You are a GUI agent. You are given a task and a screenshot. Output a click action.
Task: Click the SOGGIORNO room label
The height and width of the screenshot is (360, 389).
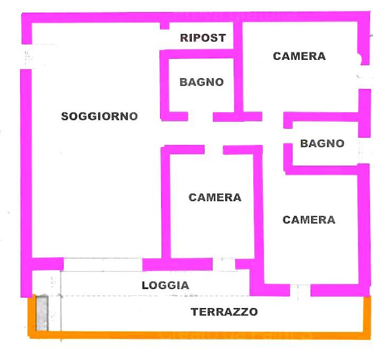pyautogui.click(x=100, y=116)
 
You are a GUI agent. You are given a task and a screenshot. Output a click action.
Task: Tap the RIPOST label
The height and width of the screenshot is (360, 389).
pyautogui.click(x=203, y=38)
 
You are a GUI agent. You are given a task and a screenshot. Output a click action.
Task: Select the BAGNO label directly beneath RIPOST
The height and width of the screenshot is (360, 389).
pyautogui.click(x=201, y=83)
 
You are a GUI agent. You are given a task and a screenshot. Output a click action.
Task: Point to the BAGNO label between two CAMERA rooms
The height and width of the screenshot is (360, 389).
pyautogui.click(x=322, y=143)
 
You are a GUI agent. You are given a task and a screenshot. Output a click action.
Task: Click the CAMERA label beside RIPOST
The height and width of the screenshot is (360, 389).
pyautogui.click(x=299, y=56)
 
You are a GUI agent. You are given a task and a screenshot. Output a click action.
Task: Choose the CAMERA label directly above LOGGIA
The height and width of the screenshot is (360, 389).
pyautogui.click(x=215, y=197)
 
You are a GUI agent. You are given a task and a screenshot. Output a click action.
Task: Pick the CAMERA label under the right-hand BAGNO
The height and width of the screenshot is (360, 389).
pyautogui.click(x=309, y=220)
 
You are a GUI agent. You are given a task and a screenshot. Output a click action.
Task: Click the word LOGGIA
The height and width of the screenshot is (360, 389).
pyautogui.click(x=165, y=285)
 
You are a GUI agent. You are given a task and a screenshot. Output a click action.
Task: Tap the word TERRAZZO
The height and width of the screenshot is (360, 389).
pyautogui.click(x=224, y=312)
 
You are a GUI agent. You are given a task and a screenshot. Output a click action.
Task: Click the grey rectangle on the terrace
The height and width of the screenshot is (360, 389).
pyautogui.click(x=42, y=313)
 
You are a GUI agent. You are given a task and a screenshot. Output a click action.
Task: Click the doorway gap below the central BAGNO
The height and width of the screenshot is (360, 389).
pyautogui.click(x=200, y=116)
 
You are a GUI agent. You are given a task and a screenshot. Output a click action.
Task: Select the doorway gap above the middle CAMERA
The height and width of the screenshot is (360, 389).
pyautogui.click(x=214, y=150)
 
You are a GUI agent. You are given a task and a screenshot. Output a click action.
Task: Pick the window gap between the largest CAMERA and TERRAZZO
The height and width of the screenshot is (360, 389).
pyautogui.click(x=299, y=291)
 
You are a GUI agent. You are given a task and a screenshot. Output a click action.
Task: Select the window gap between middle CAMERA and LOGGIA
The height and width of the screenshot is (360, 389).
pyautogui.click(x=224, y=264)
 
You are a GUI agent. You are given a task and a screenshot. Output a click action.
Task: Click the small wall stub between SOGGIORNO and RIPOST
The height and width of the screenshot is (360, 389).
pyautogui.click(x=165, y=25)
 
